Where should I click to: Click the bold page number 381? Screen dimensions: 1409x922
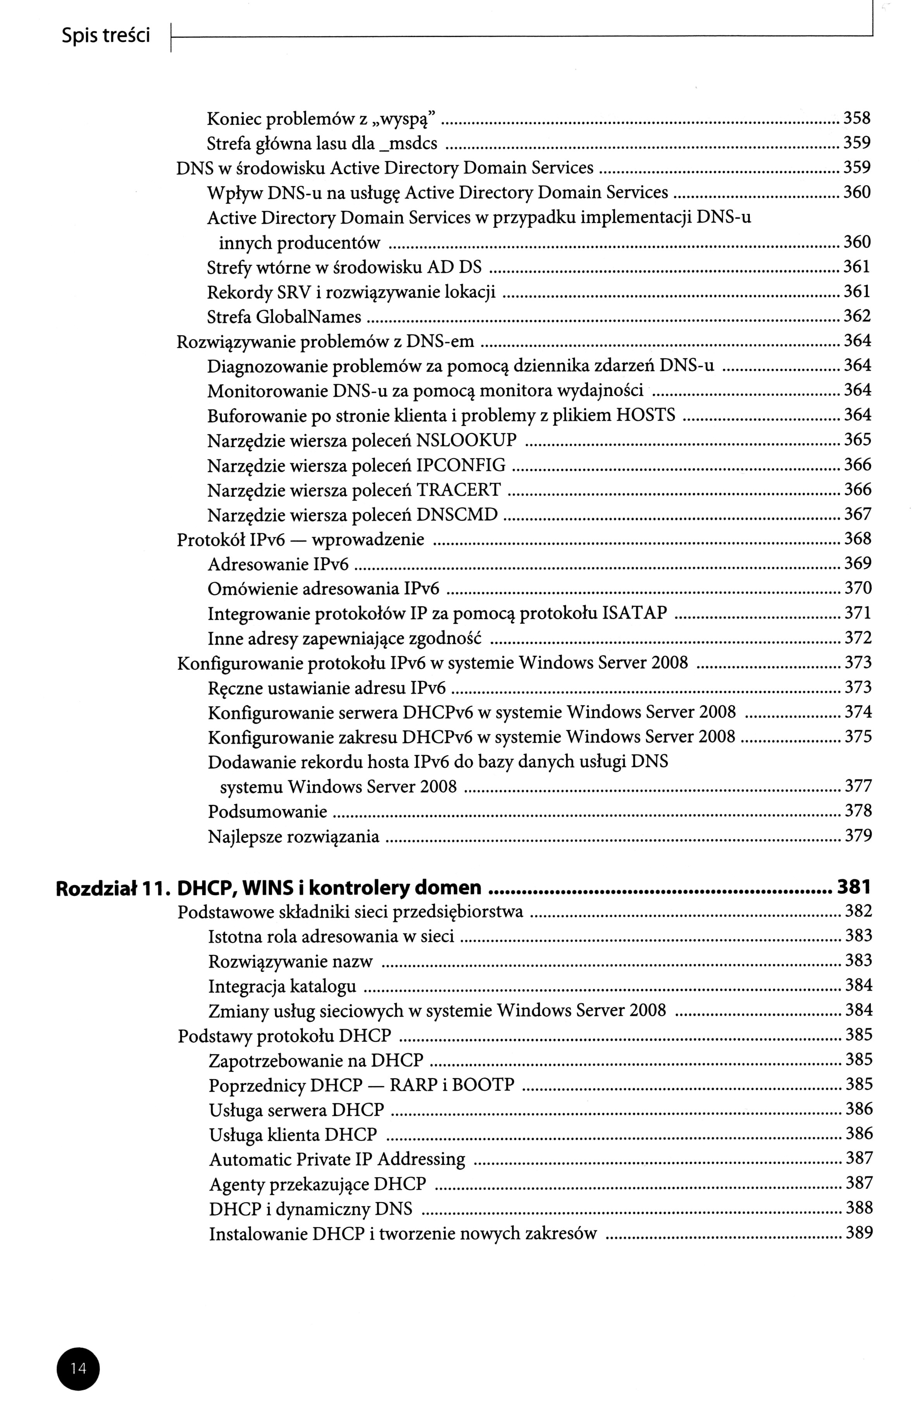pyautogui.click(x=853, y=886)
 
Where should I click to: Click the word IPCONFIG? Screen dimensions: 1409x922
pyautogui.click(x=461, y=465)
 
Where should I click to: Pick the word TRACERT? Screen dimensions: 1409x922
pyautogui.click(x=458, y=490)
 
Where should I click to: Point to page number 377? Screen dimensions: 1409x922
pyautogui.click(x=858, y=786)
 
